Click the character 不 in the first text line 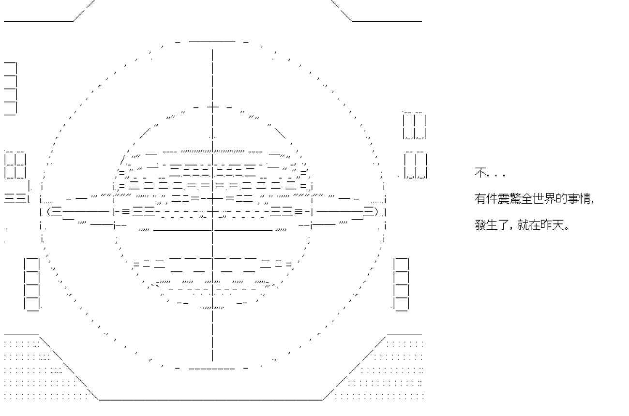click(480, 173)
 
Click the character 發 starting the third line click(480, 225)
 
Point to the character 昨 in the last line click(546, 225)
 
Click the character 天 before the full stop click(557, 225)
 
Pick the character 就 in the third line click(523, 225)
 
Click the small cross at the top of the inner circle click(212, 107)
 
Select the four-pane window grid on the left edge click(15, 165)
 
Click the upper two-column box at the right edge click(415, 126)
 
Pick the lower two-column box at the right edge click(416, 165)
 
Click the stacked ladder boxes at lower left click(32, 284)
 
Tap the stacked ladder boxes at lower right click(401, 284)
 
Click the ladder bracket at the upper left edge click(10, 89)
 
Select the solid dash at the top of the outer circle click(212, 42)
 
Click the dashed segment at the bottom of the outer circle click(212, 369)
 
